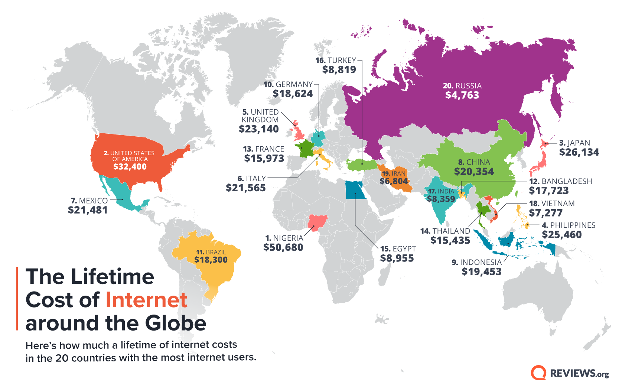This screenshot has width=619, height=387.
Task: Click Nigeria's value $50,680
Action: coord(283,247)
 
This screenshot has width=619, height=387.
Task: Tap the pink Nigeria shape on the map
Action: coord(317,222)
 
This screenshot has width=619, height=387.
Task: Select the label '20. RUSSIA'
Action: coord(462,86)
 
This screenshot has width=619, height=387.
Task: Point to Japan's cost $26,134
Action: coord(579,152)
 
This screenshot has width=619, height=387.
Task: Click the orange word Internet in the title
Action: coord(146,300)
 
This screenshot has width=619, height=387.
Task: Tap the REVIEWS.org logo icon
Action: coord(538,373)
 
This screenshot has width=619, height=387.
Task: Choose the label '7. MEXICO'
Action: coord(89,201)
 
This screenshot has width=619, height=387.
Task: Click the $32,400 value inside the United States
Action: coord(130,167)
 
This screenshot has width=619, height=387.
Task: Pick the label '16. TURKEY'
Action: coord(336,60)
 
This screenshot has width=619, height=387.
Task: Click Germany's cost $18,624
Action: coord(293,94)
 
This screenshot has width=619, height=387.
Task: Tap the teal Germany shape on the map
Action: coord(318,139)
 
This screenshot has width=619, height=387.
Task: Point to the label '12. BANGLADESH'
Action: coord(560,181)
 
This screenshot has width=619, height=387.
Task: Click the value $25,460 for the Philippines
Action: coord(561,235)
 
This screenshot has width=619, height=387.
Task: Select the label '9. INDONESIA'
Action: coord(476,262)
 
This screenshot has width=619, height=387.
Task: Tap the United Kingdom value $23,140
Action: coord(259,129)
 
